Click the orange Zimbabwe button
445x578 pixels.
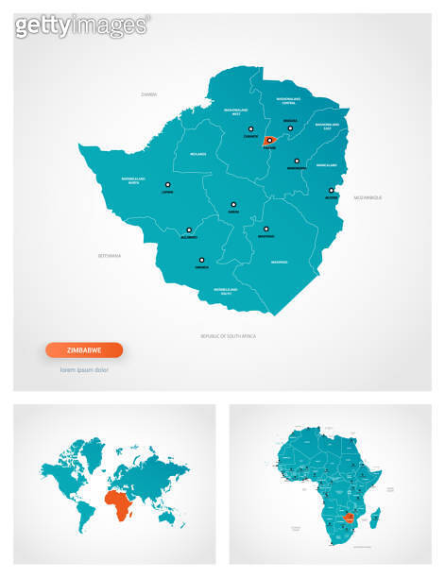point(84,349)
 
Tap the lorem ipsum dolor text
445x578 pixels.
point(84,369)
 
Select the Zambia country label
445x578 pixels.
point(148,94)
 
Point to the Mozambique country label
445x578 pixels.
point(368,197)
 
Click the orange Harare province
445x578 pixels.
point(270,141)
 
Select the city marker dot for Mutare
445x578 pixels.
point(331,191)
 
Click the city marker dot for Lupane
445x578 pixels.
point(168,185)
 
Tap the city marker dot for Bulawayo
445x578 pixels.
point(189,229)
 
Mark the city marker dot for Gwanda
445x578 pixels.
point(201,259)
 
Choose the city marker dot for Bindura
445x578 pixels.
point(291,128)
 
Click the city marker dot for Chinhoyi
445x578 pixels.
point(250,129)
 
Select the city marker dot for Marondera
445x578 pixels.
point(296,161)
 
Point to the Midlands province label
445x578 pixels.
point(197,153)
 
